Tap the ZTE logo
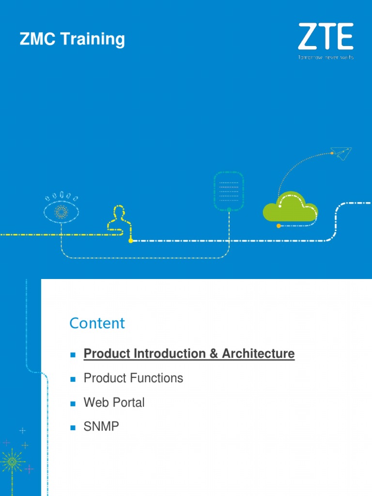[x=325, y=36]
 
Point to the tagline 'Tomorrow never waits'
[x=325, y=57]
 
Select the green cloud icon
[x=290, y=208]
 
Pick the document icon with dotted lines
[x=229, y=191]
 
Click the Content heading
[x=97, y=323]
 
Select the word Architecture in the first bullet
[x=258, y=354]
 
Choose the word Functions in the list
[x=158, y=378]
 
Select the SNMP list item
[x=101, y=427]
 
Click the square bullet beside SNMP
[x=73, y=427]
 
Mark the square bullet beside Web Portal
[x=73, y=403]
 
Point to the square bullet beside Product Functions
[x=73, y=379]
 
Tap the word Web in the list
[x=94, y=403]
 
